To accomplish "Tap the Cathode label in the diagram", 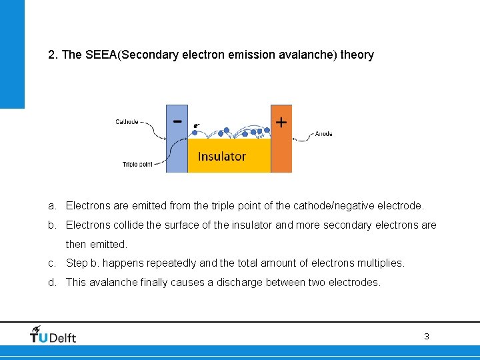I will pyautogui.click(x=127, y=121).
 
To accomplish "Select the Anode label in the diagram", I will pyautogui.click(x=323, y=134).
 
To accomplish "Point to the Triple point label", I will pyautogui.click(x=137, y=164).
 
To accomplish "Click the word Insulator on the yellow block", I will pyautogui.click(x=222, y=157).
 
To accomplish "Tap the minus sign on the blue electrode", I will pyautogui.click(x=177, y=121).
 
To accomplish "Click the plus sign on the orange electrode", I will pyautogui.click(x=281, y=122).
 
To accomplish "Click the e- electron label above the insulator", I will pyautogui.click(x=196, y=125).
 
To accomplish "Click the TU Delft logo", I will pyautogui.click(x=53, y=335).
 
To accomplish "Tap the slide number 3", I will pyautogui.click(x=427, y=337).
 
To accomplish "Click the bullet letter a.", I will pyautogui.click(x=51, y=206).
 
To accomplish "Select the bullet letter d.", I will pyautogui.click(x=51, y=282).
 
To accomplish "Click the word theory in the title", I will pyautogui.click(x=357, y=55).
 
